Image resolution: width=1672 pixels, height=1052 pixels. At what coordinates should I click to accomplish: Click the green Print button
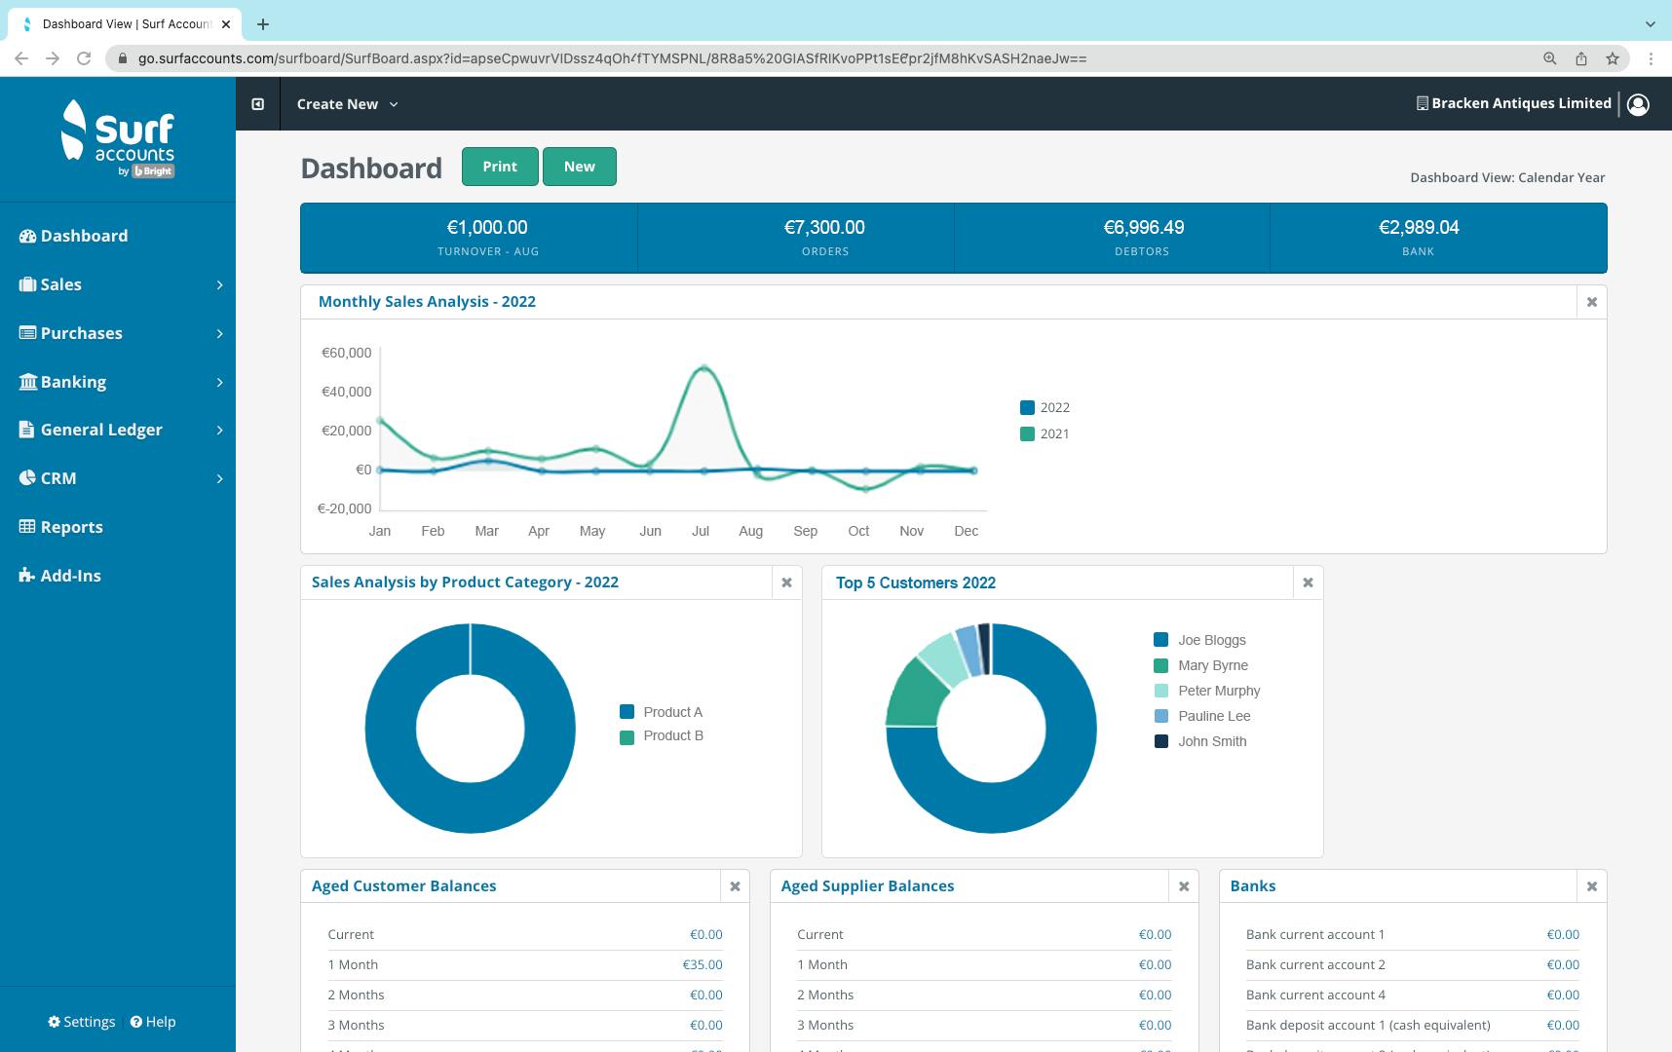pyautogui.click(x=500, y=167)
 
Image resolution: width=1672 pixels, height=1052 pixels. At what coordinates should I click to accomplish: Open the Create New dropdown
pyautogui.click(x=347, y=104)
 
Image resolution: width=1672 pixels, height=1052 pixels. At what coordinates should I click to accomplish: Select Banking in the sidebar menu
pyautogui.click(x=73, y=382)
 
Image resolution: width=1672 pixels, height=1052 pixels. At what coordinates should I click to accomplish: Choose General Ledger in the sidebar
pyautogui.click(x=101, y=430)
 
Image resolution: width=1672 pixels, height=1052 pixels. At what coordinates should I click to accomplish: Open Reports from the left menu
pyautogui.click(x=71, y=527)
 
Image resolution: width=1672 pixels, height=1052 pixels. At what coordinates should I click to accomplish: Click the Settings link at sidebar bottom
pyautogui.click(x=82, y=1022)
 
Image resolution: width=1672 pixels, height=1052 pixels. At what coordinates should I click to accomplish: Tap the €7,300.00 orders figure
pyautogui.click(x=824, y=227)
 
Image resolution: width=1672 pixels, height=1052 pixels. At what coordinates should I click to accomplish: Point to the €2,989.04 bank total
pyautogui.click(x=1418, y=227)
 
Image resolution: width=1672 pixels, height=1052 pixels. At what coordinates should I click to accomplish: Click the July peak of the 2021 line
pyautogui.click(x=703, y=368)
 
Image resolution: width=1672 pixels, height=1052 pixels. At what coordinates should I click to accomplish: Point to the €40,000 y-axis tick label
pyautogui.click(x=346, y=392)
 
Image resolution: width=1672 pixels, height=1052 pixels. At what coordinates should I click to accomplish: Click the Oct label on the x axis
pyautogui.click(x=858, y=531)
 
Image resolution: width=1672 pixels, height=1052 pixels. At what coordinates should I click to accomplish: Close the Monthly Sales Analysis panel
pyautogui.click(x=1591, y=302)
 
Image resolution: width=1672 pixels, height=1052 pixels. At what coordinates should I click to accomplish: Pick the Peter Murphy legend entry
pyautogui.click(x=1218, y=691)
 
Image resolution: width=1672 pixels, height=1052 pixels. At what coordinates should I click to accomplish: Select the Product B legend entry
pyautogui.click(x=672, y=735)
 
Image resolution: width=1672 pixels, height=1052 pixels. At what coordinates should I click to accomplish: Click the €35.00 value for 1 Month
pyautogui.click(x=702, y=964)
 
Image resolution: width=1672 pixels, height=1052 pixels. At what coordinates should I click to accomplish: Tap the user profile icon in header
pyautogui.click(x=1638, y=104)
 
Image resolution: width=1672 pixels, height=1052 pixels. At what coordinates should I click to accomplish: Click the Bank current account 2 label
pyautogui.click(x=1314, y=964)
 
